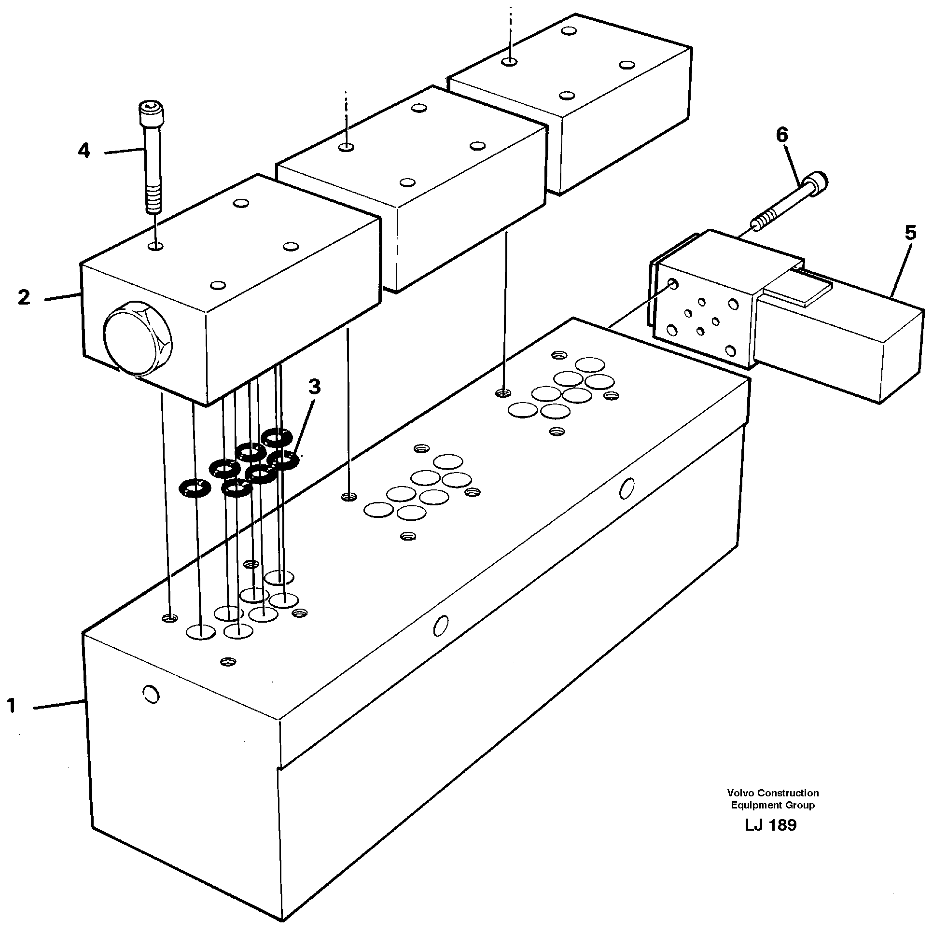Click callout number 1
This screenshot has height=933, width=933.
tap(12, 707)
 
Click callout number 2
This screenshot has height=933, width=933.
tap(24, 297)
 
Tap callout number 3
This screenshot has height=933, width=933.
tap(314, 387)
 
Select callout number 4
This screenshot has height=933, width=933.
tap(84, 151)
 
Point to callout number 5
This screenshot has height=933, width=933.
tap(910, 233)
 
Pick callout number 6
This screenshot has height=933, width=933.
tap(782, 135)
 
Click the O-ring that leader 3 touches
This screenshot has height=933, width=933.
tap(285, 460)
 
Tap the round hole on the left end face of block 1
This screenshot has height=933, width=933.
tap(151, 695)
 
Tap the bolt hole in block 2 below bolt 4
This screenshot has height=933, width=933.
tap(156, 247)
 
